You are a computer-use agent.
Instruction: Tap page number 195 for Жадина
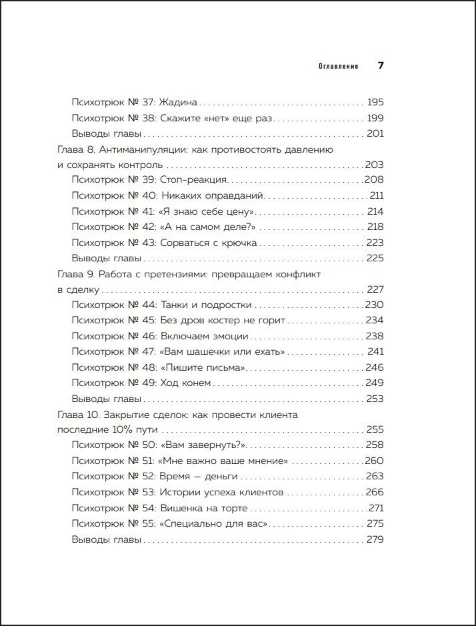click(375, 103)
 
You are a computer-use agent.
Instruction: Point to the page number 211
click(377, 196)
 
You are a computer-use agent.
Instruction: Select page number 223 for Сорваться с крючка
click(375, 243)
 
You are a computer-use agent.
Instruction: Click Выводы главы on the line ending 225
click(106, 259)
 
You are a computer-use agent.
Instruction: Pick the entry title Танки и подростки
click(206, 305)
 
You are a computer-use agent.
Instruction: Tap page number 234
click(375, 320)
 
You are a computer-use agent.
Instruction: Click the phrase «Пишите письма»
click(203, 367)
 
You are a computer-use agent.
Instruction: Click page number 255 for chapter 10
click(375, 430)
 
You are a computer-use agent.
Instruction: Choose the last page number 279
click(375, 539)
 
